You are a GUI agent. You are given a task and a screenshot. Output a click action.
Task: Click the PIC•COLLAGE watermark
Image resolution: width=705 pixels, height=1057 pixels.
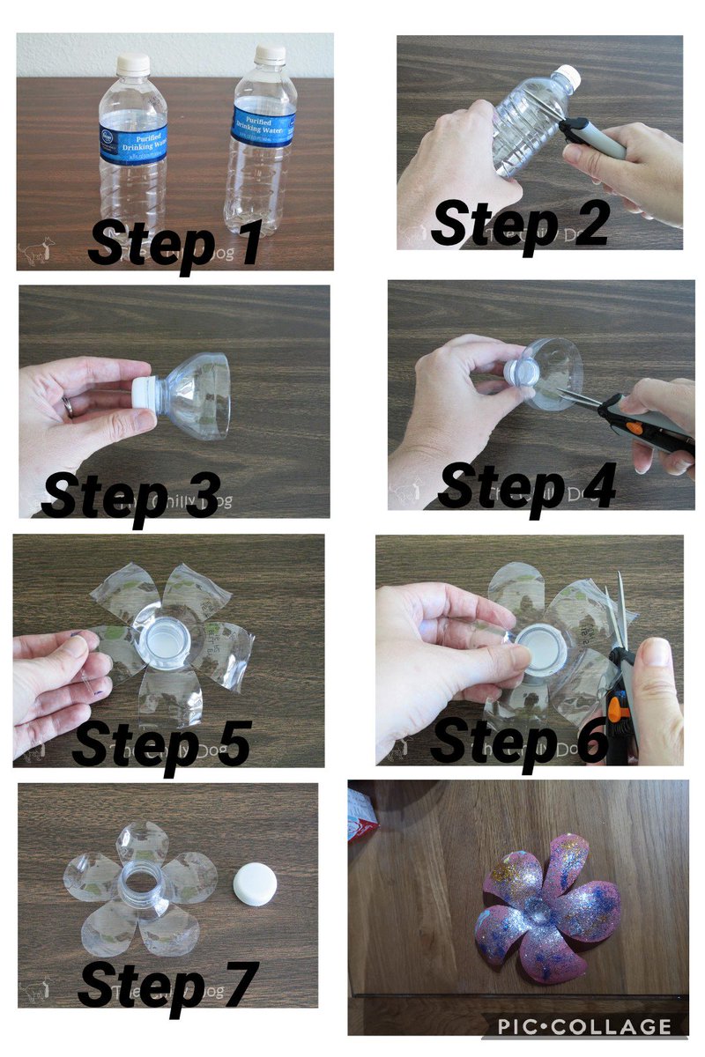583,1026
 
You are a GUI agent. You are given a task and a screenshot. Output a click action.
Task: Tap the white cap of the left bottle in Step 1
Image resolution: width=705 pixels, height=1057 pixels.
133,63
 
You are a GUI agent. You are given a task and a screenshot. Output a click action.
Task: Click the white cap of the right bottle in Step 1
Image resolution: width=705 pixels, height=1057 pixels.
271,55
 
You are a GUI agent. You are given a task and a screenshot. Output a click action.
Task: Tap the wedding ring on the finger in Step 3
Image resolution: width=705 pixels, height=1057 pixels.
68,405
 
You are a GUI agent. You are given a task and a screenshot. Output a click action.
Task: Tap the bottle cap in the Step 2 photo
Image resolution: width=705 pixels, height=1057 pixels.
570,77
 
